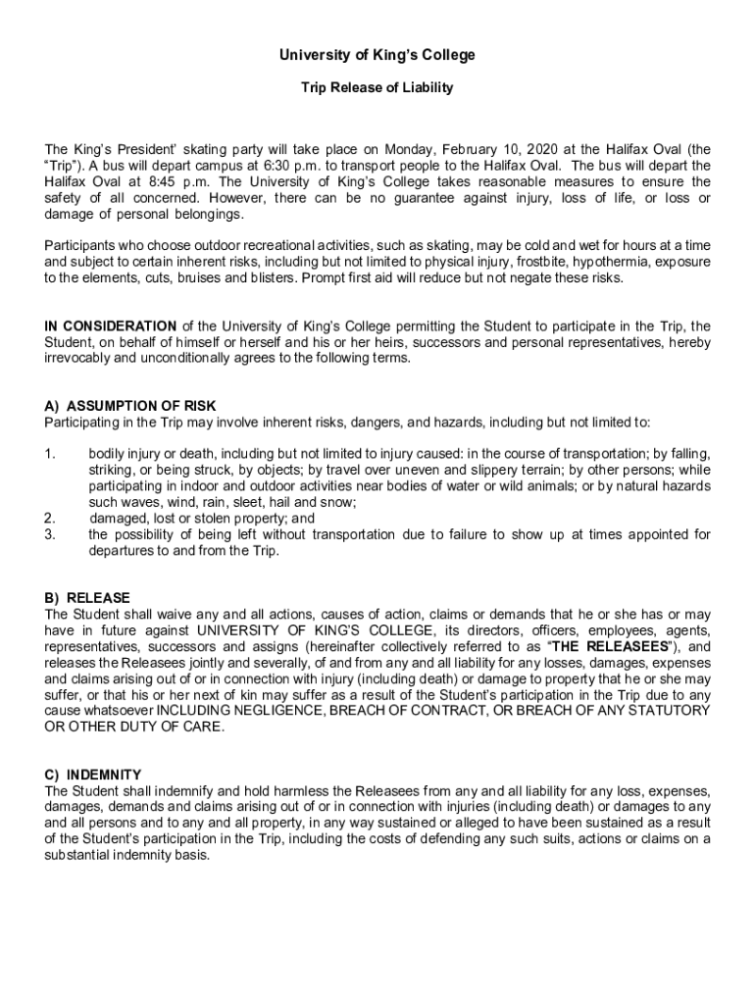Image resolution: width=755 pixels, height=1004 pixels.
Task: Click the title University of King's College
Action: click(x=377, y=56)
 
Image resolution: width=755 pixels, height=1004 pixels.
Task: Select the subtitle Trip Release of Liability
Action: click(x=377, y=88)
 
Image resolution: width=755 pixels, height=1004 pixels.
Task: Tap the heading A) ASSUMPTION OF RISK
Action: click(x=130, y=406)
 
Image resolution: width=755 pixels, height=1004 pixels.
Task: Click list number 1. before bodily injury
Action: click(x=50, y=454)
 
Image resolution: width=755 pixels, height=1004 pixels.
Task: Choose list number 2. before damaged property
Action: click(x=50, y=519)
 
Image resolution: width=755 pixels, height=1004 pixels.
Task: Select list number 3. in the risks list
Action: click(x=50, y=534)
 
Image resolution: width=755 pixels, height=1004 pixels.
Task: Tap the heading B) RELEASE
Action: click(x=87, y=598)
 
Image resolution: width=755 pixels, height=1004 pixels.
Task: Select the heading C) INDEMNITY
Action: click(x=93, y=775)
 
